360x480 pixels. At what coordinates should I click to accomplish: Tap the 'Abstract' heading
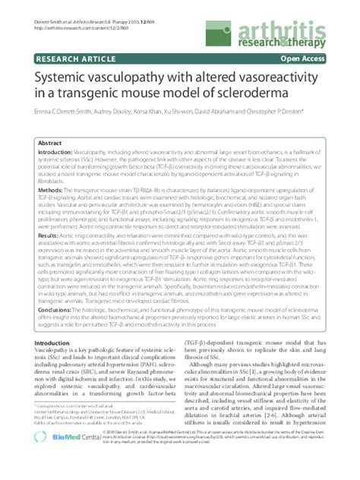click(52, 143)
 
